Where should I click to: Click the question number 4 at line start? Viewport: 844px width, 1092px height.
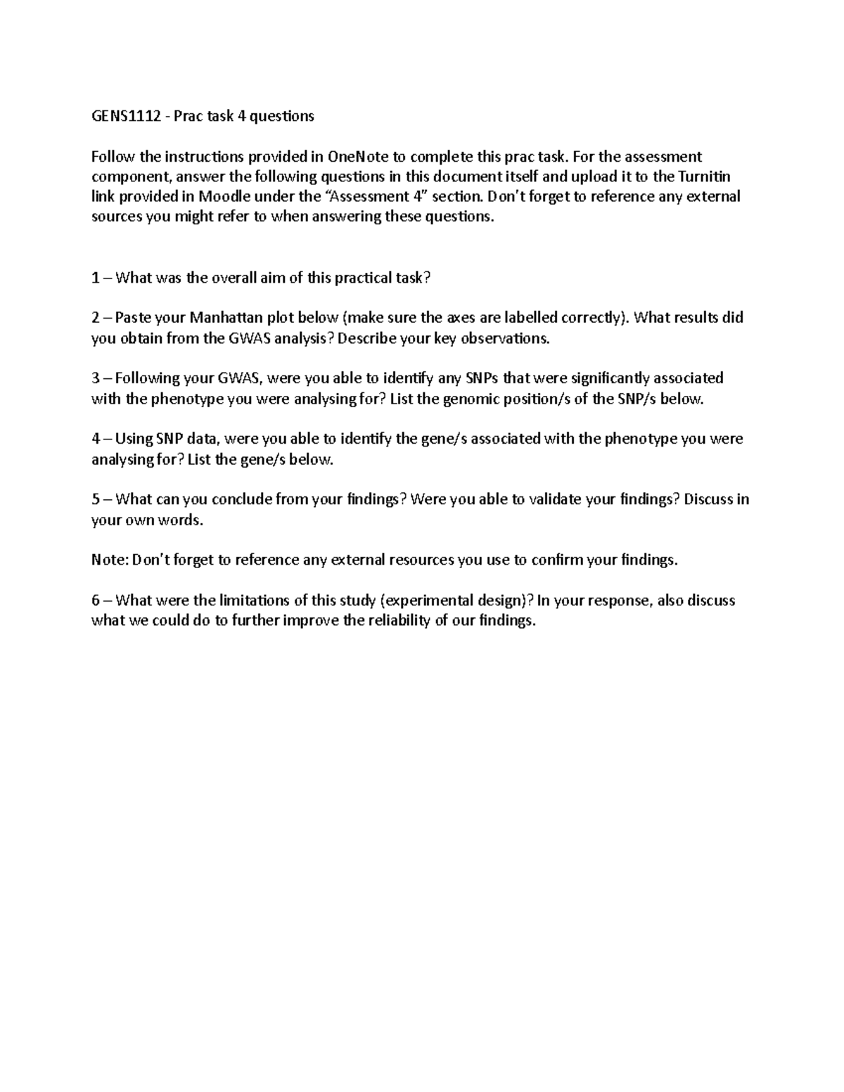coord(96,439)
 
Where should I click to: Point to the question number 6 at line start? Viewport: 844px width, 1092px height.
coord(96,600)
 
